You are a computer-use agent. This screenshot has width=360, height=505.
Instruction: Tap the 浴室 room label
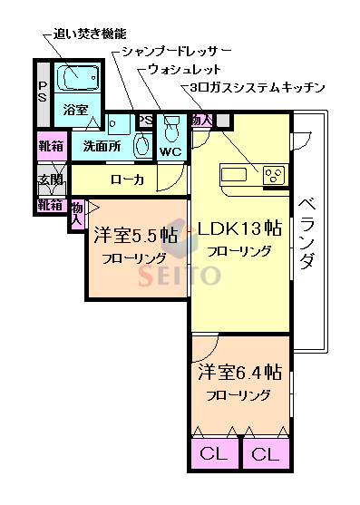point(75,111)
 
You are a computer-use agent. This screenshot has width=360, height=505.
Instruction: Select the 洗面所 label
point(102,145)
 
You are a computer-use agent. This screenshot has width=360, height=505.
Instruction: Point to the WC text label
point(171,151)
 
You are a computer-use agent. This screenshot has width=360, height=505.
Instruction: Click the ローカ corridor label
point(127,180)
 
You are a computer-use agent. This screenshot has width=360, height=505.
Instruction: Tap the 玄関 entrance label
point(50,180)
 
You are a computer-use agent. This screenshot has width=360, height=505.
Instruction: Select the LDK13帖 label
point(238,228)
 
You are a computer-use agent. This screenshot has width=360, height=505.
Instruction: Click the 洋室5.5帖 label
point(135,236)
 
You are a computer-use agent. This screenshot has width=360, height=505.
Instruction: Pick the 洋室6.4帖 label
point(239,373)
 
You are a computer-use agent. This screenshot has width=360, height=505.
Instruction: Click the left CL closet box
point(214,453)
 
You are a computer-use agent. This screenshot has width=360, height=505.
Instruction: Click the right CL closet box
point(265,453)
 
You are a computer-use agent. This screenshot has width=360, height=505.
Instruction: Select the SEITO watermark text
point(179,274)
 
